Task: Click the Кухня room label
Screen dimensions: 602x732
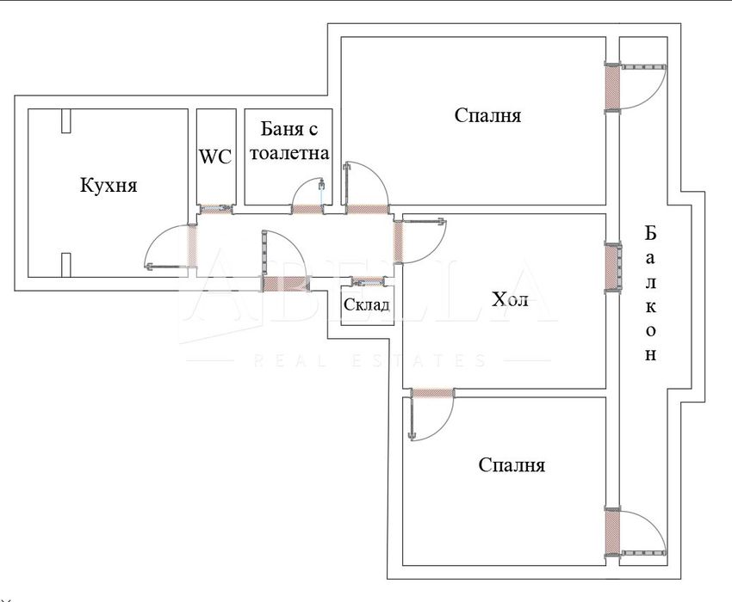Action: point(109,185)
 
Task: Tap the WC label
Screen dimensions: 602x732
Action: point(215,157)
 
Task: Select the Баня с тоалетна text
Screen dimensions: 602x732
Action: point(288,142)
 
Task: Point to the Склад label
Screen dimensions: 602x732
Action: point(367,304)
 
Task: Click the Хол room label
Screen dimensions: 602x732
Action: point(509,300)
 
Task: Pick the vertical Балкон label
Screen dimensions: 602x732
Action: point(650,293)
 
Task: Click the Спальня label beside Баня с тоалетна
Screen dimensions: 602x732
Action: point(487,115)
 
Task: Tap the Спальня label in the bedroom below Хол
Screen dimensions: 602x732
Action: point(512,465)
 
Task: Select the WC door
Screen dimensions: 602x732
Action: point(215,208)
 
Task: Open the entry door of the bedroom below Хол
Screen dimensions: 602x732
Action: point(431,413)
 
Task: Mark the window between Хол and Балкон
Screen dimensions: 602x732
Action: point(612,268)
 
